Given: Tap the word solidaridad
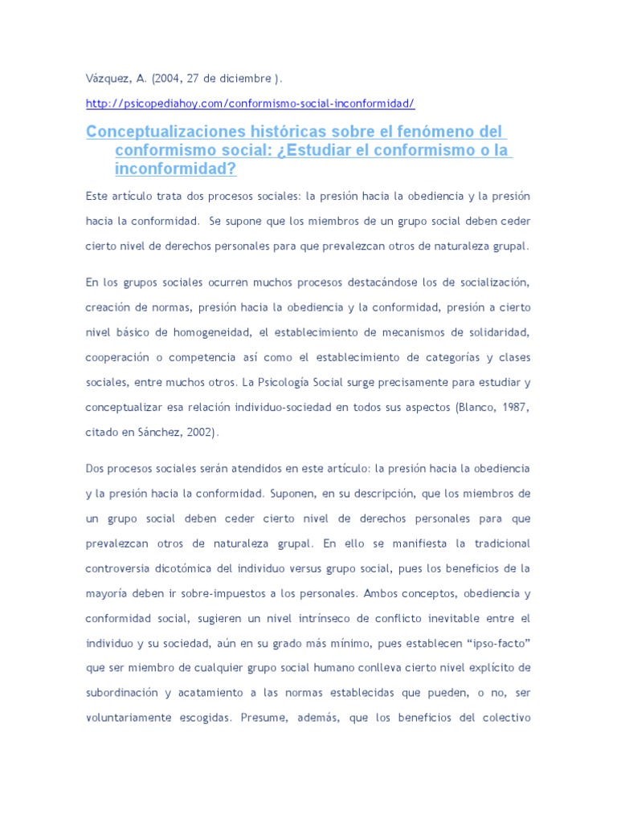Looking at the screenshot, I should (x=492, y=332).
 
